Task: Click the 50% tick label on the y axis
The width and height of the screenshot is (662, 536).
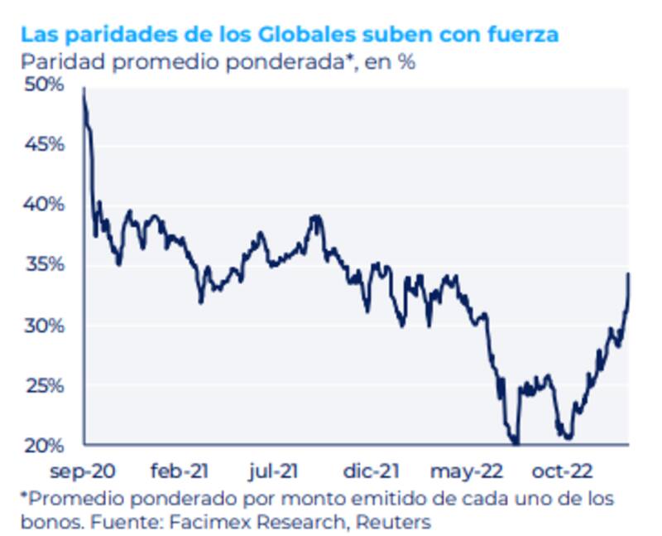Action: (x=44, y=85)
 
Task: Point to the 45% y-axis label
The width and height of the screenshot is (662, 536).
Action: (x=44, y=144)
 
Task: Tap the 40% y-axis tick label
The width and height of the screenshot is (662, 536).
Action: (x=44, y=205)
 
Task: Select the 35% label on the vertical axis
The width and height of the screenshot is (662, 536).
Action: (x=44, y=265)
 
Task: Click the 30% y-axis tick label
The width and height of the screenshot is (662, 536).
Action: (x=44, y=326)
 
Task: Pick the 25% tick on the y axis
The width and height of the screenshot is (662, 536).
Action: (x=44, y=386)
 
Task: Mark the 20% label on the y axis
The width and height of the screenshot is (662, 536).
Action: (x=44, y=446)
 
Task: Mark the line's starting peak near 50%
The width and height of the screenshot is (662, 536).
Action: (x=84, y=91)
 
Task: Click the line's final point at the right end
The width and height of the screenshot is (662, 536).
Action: (x=628, y=274)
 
